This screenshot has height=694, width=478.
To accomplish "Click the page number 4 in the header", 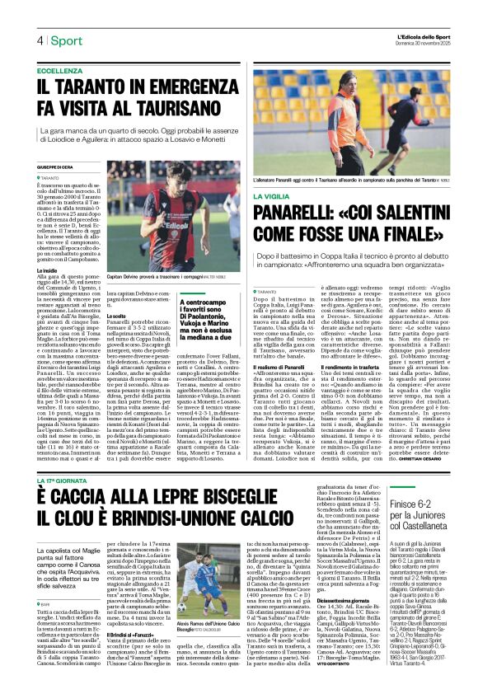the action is coord(40,40).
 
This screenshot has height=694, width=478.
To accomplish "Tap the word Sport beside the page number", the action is coord(65,40).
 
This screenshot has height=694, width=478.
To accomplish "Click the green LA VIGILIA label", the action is coord(273,197).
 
